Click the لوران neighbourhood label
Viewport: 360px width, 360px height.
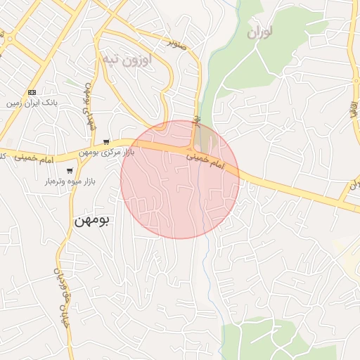pyautogui.click(x=260, y=32)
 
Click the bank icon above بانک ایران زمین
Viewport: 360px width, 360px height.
pyautogui.click(x=32, y=93)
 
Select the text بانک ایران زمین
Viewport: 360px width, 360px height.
pyautogui.click(x=32, y=103)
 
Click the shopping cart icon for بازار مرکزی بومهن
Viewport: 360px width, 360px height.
pyautogui.click(x=106, y=142)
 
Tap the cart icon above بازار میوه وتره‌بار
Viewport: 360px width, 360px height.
pyautogui.click(x=69, y=170)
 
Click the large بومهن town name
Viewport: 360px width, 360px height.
pyautogui.click(x=91, y=220)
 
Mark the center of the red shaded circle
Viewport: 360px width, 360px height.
pyautogui.click(x=180, y=179)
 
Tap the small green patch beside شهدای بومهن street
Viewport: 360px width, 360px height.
pyautogui.click(x=70, y=83)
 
